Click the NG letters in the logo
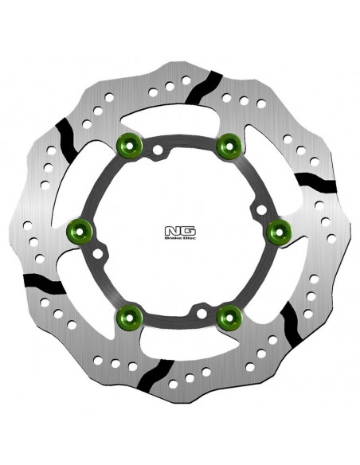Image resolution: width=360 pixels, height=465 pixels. point(173,225)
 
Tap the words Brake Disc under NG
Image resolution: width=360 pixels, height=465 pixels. point(173,236)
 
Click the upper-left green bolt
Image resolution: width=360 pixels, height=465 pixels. point(128,145)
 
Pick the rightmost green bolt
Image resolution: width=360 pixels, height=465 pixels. point(278,231)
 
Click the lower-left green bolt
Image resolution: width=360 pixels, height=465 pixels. point(128,318)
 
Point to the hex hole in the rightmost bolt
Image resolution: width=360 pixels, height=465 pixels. point(278,231)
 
